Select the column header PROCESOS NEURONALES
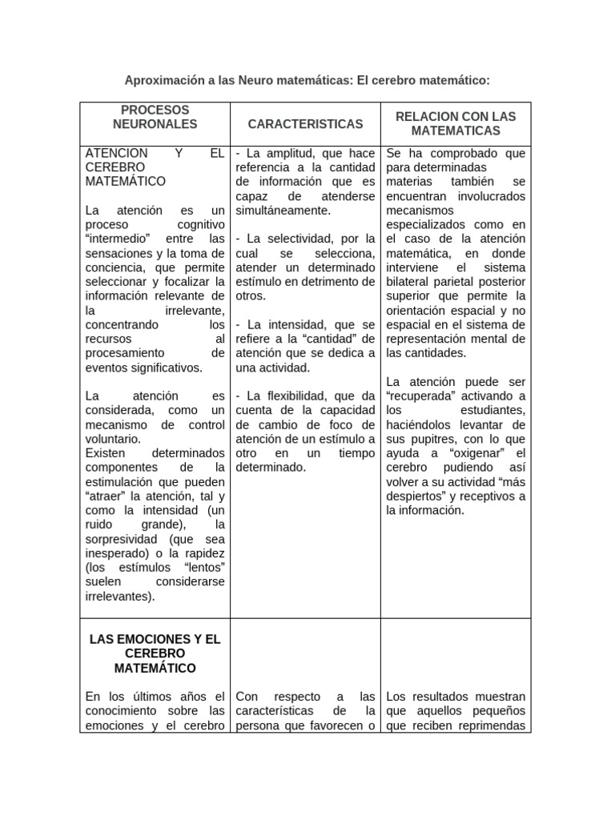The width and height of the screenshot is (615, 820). (155, 117)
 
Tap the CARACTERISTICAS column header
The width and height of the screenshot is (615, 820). (305, 124)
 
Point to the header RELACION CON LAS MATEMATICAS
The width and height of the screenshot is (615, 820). (455, 123)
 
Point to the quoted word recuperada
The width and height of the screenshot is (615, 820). (425, 396)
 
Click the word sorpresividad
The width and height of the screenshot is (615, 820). (121, 539)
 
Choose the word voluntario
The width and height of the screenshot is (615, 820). (113, 439)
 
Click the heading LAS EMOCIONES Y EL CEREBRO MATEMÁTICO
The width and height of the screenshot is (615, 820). (155, 653)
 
